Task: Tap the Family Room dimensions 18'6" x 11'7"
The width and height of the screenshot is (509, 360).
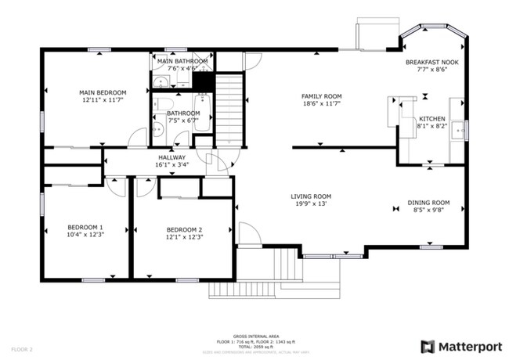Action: pos(322,105)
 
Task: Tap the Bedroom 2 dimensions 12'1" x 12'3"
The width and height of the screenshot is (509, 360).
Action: pos(184,237)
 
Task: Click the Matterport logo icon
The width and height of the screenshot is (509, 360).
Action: pos(428,345)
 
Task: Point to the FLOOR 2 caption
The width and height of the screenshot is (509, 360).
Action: pos(21,349)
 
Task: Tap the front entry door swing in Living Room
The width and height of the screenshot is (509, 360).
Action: pos(247,233)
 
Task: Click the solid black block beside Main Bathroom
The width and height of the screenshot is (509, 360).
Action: pos(204,81)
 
